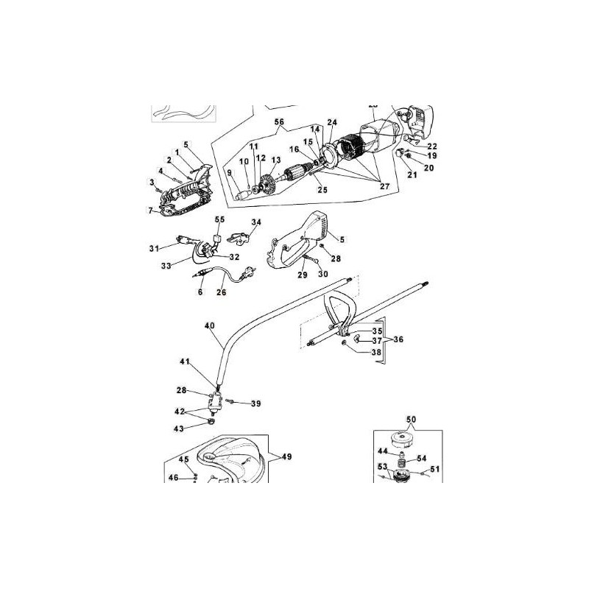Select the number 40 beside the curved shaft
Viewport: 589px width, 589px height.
tap(209, 325)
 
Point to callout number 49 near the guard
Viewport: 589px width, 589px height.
tap(286, 456)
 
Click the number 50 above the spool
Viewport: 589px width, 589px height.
tap(411, 419)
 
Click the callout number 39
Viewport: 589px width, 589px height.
tap(256, 403)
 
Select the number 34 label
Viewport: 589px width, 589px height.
tap(256, 222)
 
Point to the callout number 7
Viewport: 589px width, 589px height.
tap(151, 211)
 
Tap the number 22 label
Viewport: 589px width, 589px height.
tap(432, 146)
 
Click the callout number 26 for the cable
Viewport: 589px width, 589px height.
tap(222, 292)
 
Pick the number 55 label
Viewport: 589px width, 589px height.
tap(219, 219)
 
